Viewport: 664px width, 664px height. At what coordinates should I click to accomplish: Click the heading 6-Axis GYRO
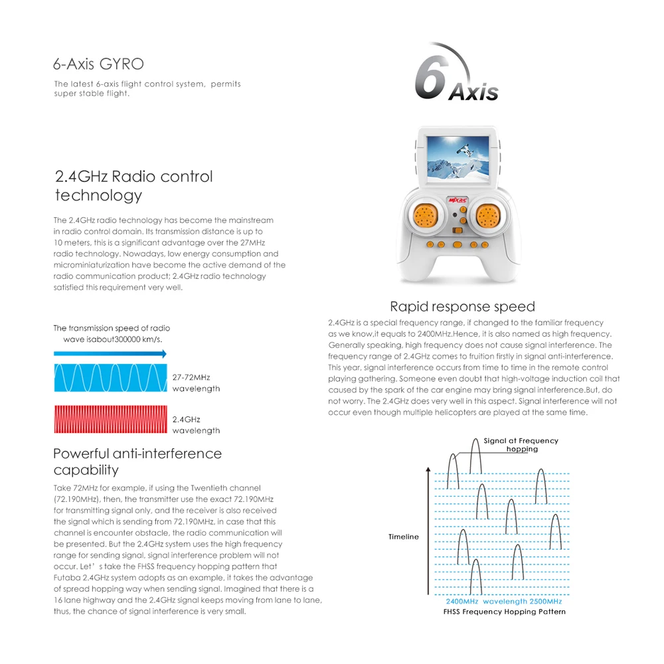pyautogui.click(x=98, y=64)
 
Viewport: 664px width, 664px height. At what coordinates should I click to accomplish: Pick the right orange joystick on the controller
pyautogui.click(x=488, y=215)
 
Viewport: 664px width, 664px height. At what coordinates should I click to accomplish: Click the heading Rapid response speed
pyautogui.click(x=462, y=307)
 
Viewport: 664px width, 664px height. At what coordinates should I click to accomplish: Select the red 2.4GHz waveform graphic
pyautogui.click(x=110, y=423)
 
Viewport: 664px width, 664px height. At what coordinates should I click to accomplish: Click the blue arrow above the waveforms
pyautogui.click(x=110, y=355)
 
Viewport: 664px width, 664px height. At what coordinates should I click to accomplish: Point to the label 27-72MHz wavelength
pyautogui.click(x=196, y=382)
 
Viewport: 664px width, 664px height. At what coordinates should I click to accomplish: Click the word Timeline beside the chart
pyautogui.click(x=404, y=537)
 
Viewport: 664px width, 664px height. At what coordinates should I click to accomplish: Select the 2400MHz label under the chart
pyautogui.click(x=461, y=601)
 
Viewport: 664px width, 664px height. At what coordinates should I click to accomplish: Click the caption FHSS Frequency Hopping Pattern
pyautogui.click(x=505, y=612)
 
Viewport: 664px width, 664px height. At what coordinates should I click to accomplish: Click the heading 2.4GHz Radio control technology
pyautogui.click(x=133, y=185)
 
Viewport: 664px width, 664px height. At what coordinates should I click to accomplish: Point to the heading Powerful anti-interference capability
pyautogui.click(x=137, y=461)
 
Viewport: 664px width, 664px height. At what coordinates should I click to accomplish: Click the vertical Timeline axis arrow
pyautogui.click(x=427, y=531)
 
